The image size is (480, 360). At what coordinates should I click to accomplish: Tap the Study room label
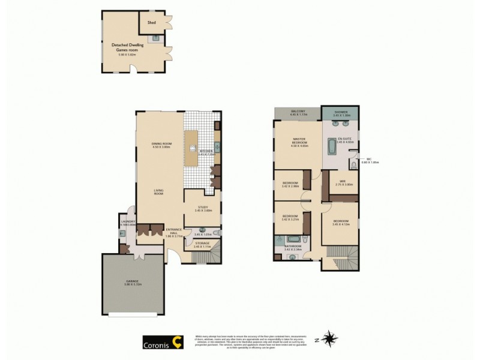203,208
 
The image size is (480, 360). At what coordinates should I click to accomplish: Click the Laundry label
127,222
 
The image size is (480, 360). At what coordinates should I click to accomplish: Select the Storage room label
202,244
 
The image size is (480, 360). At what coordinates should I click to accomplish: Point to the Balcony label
298,112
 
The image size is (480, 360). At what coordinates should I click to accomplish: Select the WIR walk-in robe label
343,182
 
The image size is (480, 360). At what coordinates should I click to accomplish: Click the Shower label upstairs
340,112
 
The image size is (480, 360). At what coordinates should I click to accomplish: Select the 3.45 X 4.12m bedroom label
341,221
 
